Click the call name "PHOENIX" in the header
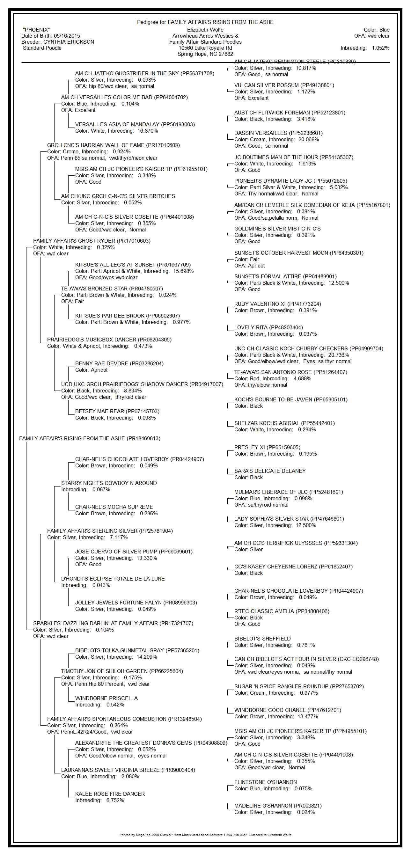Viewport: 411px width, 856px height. (x=36, y=30)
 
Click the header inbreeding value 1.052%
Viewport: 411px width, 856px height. (x=380, y=48)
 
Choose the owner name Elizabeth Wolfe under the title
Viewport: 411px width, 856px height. (x=205, y=30)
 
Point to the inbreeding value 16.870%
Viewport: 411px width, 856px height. (x=148, y=131)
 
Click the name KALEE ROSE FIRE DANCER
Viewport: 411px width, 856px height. (x=110, y=794)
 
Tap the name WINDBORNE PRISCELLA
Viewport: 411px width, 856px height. (x=106, y=698)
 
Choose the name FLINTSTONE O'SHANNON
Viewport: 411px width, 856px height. (x=265, y=782)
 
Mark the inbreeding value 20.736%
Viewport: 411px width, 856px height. (x=338, y=355)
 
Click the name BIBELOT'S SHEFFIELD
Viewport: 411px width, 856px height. (x=262, y=639)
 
